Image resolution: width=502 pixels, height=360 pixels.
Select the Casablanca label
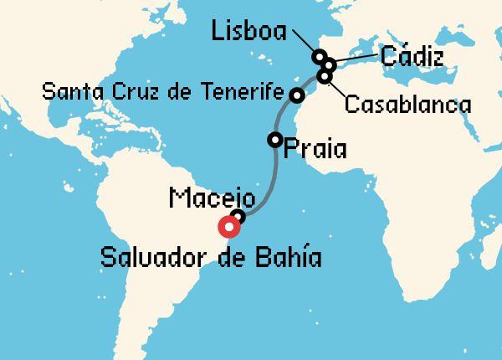coord(407,105)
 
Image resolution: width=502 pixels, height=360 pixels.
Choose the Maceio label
coord(212,198)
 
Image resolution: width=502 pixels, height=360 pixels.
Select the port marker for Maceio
coord(238,218)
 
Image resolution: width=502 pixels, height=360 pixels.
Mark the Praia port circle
coord(274,140)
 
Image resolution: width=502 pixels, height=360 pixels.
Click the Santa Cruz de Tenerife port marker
coord(296,95)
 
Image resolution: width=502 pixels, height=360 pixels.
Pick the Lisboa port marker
coord(320,57)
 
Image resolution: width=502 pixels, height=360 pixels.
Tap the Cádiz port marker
coord(330,64)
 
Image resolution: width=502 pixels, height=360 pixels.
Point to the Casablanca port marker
coord(325,77)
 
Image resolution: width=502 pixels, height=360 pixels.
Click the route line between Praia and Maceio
coord(270,180)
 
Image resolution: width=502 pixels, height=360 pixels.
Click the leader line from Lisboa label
coord(302,43)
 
